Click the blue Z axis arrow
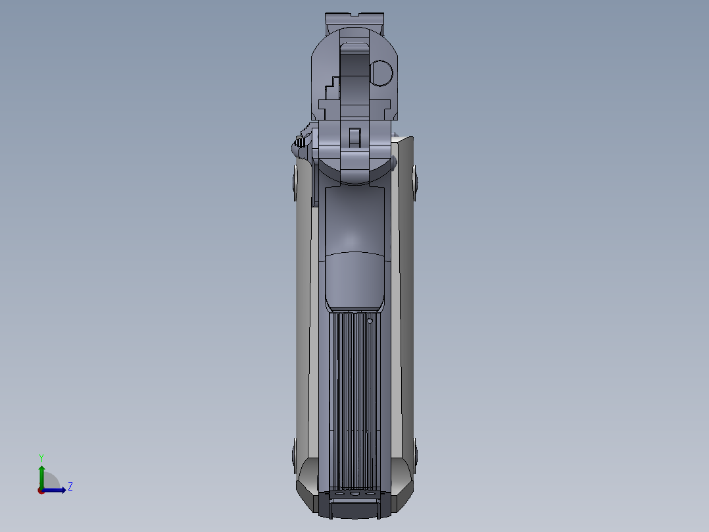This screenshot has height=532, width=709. point(57,490)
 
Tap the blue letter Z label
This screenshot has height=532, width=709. point(70,487)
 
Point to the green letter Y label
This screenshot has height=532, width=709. point(41,457)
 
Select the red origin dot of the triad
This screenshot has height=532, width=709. point(41,490)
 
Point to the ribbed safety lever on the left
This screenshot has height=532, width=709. point(301,142)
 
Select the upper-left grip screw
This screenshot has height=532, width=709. point(295,181)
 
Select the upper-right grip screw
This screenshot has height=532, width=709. point(415,181)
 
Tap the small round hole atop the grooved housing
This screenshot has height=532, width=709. point(370,321)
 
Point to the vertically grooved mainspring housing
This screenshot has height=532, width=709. point(354,395)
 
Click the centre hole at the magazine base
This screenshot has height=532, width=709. point(354,492)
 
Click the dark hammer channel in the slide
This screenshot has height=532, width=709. point(354,72)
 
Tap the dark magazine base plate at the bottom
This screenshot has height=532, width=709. point(354,508)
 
